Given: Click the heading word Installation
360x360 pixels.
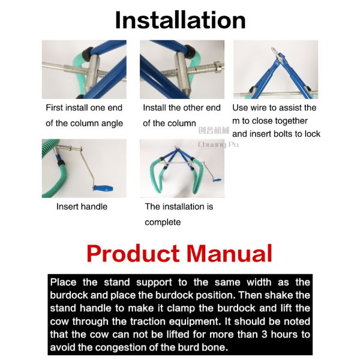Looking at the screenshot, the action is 181,20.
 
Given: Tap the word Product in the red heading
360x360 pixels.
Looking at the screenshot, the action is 133,253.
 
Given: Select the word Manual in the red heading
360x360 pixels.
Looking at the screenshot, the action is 229,253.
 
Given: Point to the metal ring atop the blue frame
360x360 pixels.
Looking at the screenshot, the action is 274,50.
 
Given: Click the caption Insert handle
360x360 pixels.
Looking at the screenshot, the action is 82,206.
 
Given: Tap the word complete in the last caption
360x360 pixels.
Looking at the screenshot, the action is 163,222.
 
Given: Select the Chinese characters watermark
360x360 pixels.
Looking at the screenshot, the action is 214,131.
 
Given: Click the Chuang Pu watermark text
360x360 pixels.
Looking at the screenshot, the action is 218,145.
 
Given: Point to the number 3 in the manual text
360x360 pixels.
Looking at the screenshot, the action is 264,334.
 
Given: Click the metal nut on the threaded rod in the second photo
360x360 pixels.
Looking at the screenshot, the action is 217,65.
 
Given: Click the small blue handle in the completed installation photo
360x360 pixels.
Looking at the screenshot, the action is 218,181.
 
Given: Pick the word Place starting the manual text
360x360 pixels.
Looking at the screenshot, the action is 63,282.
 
